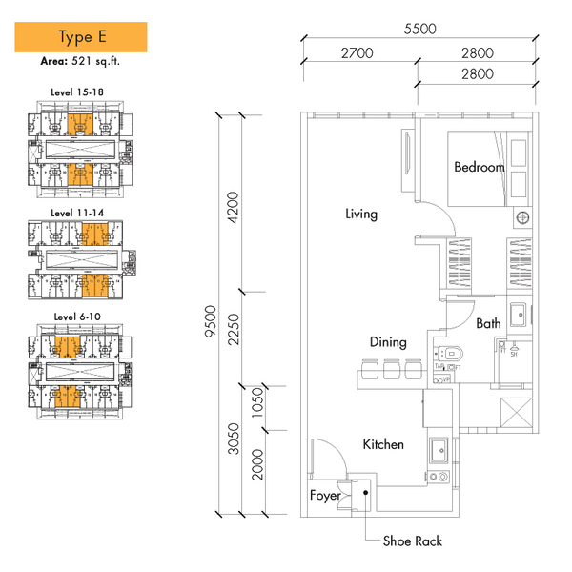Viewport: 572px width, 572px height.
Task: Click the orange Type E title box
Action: click(81, 38)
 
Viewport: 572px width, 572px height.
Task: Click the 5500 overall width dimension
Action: click(419, 29)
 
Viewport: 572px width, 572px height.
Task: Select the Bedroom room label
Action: click(479, 167)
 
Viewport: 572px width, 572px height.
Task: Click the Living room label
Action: click(361, 214)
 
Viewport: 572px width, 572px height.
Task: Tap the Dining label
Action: click(389, 341)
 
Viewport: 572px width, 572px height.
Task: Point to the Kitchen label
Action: click(383, 444)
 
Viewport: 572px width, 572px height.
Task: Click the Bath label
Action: click(488, 324)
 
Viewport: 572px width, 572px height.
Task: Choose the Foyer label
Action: click(325, 496)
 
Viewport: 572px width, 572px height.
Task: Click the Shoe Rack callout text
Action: click(412, 541)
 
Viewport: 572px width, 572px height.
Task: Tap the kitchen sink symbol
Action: click(440, 448)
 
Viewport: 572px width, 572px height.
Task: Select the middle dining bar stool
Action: click(390, 368)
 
